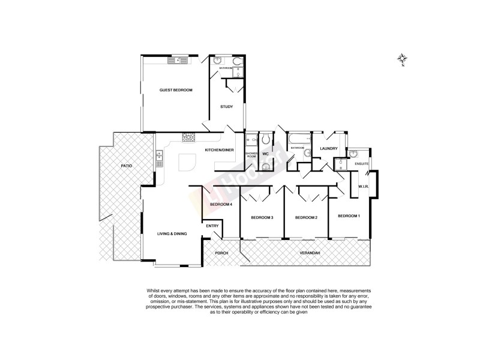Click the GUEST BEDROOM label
(x=176, y=90)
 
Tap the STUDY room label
(x=226, y=107)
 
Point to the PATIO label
(x=126, y=165)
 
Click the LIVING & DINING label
(x=172, y=233)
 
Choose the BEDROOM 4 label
(x=221, y=205)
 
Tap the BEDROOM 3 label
(x=262, y=217)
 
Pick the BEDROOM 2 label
(x=306, y=217)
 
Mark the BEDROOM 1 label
(x=349, y=215)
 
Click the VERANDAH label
(x=310, y=255)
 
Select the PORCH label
(x=222, y=254)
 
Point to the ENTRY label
(x=212, y=226)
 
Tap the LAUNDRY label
(x=329, y=149)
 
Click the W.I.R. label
(x=362, y=186)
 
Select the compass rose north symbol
(x=402, y=59)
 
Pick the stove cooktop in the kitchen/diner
(x=189, y=136)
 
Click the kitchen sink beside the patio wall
(x=159, y=159)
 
